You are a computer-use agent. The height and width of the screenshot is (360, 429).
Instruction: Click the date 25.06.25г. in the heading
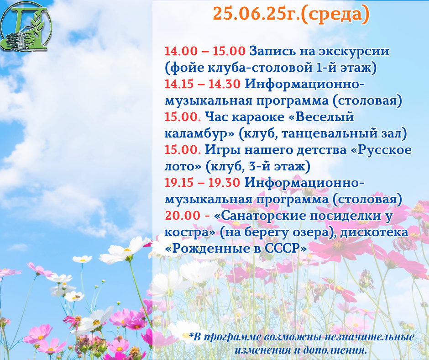256,14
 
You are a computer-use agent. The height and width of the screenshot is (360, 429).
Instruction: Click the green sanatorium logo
26,26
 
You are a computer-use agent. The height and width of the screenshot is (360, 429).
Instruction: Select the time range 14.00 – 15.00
205,51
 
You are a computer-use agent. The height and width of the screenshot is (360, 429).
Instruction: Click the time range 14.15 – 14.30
203,84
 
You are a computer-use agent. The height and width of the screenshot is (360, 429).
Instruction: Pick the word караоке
258,117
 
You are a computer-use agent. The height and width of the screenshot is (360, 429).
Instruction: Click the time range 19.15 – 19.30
203,183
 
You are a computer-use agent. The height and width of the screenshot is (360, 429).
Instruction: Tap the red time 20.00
183,216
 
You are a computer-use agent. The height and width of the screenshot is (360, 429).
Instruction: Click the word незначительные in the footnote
369,337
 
